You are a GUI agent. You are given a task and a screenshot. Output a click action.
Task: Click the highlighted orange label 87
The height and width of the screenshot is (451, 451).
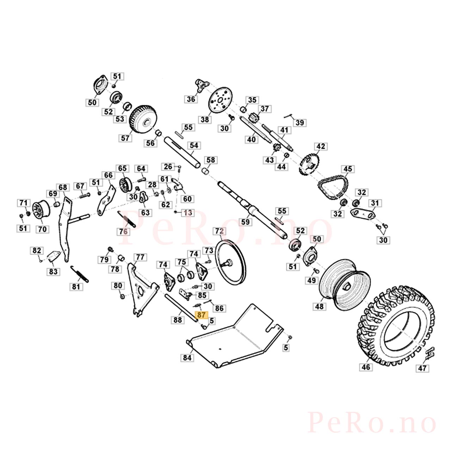coord(201,315)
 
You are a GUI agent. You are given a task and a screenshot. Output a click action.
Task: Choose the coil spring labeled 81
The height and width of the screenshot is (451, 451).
coord(79,274)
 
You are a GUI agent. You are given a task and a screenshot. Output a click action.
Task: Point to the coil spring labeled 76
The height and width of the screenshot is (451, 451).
coord(126,219)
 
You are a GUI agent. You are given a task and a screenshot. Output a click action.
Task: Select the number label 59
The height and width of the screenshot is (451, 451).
coord(245,222)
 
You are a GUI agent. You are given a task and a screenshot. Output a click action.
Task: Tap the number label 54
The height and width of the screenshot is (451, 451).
coord(194,145)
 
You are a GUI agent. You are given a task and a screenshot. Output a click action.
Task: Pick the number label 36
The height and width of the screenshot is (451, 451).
coord(191,99)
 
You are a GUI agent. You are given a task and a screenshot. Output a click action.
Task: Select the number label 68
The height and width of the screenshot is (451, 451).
coord(63,187)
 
